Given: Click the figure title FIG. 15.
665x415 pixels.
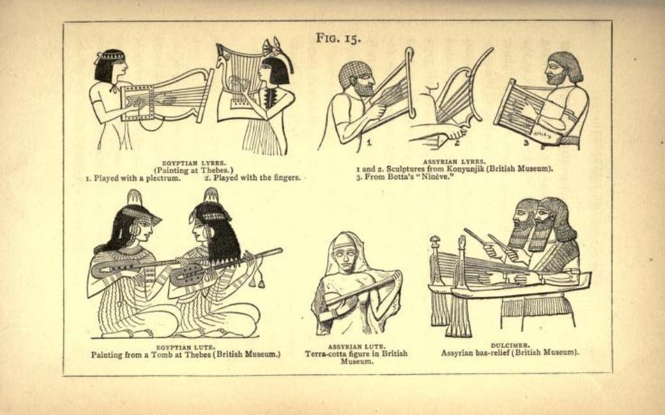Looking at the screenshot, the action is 338,38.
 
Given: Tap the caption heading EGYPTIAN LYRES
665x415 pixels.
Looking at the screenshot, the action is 194,163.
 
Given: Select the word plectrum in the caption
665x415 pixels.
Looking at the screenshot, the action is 163,178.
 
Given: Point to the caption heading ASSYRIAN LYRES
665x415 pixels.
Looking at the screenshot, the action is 454,162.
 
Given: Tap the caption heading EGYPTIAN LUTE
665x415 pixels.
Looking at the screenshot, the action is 185,347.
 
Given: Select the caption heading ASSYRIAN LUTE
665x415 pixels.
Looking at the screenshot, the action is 357,347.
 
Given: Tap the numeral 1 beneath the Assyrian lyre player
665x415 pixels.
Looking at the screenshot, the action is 369,143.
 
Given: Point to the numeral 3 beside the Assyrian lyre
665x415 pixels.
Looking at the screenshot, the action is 526,143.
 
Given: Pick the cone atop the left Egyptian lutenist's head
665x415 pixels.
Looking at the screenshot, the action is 134,198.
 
